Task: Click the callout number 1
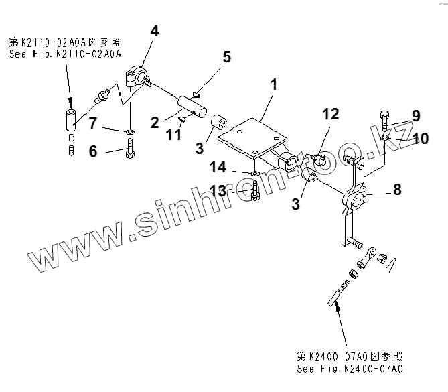tap(273, 85)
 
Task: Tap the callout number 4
tap(155, 31)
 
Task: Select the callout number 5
tap(227, 56)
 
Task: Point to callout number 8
tap(397, 190)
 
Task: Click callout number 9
tap(416, 116)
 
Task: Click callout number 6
tap(93, 152)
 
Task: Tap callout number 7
tap(93, 123)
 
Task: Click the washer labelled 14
tap(256, 174)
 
